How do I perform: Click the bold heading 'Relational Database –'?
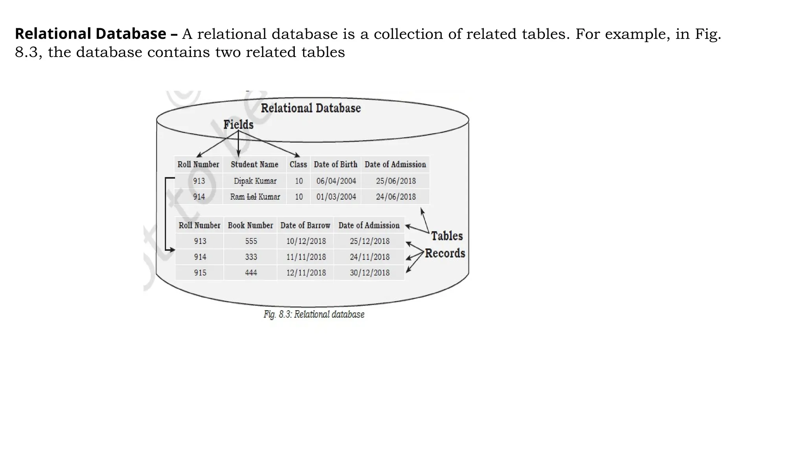(x=96, y=34)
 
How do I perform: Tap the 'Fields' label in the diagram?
(x=238, y=125)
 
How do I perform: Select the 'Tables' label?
(x=447, y=236)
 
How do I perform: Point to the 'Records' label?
(x=445, y=253)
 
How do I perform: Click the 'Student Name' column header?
(x=254, y=164)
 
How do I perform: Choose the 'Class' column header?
(x=298, y=164)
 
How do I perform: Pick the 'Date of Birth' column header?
(x=336, y=164)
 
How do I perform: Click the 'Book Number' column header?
(x=250, y=225)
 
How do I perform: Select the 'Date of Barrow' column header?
(x=305, y=225)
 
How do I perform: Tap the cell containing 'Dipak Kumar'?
(x=255, y=181)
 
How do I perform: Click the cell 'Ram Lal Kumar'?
(x=255, y=197)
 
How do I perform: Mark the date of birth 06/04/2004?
(x=336, y=181)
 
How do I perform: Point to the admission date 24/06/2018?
(x=396, y=197)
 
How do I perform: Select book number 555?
(x=251, y=241)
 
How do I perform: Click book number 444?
(x=251, y=273)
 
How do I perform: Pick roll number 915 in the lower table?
(x=200, y=273)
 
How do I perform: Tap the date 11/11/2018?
(x=306, y=257)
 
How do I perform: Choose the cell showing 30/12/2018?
(x=369, y=273)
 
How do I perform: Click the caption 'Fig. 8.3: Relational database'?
(x=314, y=315)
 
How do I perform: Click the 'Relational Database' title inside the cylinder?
(x=311, y=108)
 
